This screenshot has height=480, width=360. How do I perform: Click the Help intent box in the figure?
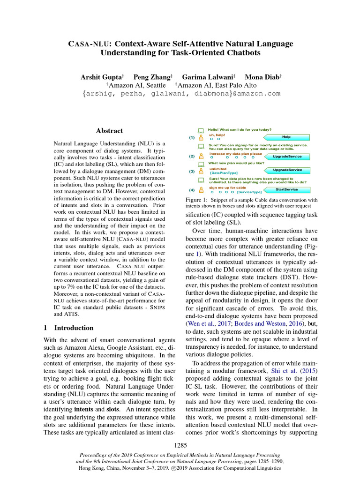[286, 137]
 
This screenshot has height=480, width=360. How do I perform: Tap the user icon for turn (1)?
[201, 138]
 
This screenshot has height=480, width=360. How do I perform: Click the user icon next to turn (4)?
[201, 190]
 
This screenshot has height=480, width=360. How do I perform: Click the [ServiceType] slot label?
[249, 192]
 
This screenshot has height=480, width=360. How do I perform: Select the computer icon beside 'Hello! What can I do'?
[201, 130]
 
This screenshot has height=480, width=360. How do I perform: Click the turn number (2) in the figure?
[191, 156]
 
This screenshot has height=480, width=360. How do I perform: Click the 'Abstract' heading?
[109, 131]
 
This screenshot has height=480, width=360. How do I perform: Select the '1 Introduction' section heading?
[68, 328]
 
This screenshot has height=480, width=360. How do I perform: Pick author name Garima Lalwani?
[208, 76]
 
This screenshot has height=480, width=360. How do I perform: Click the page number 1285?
[180, 444]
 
